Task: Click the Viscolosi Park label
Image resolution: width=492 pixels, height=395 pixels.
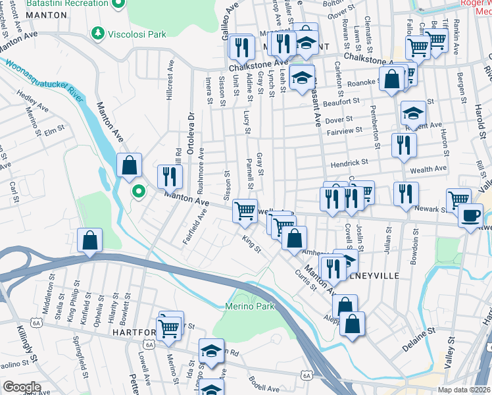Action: [x=138, y=33]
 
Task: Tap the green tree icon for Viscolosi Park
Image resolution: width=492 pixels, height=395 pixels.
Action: [x=98, y=32]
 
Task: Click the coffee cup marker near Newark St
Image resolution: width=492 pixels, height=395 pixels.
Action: [x=470, y=216]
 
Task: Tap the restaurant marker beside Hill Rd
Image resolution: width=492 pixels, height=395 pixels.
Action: [x=170, y=176]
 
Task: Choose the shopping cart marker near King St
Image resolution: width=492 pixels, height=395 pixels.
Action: [x=245, y=211]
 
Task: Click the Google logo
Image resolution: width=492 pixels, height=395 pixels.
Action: [x=21, y=387]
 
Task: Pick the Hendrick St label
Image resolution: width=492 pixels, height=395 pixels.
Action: [x=349, y=162]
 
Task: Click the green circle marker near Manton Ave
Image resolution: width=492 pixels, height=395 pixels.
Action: [x=138, y=192]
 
